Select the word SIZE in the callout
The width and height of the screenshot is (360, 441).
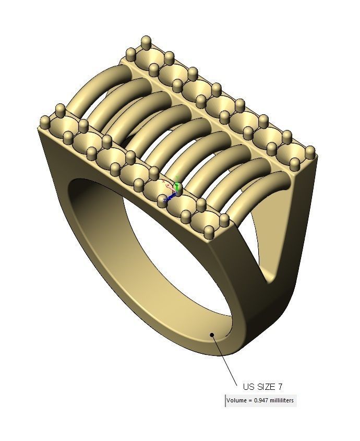(266, 387)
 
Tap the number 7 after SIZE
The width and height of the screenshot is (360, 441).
(281, 387)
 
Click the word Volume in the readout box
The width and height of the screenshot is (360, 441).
(237, 400)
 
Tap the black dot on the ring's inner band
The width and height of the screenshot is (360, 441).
(212, 335)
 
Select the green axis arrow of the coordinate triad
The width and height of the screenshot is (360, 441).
(177, 185)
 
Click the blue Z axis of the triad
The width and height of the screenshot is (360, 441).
(166, 199)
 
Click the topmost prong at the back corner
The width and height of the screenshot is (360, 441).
(146, 42)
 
